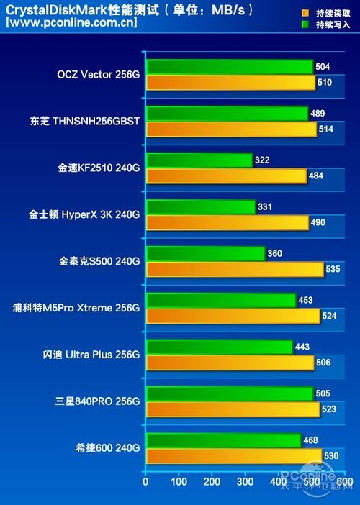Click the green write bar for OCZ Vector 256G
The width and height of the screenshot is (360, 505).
pyautogui.click(x=229, y=67)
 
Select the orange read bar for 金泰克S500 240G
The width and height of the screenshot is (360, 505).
pyautogui.click(x=234, y=269)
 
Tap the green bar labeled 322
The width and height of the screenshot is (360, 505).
pyautogui.click(x=199, y=160)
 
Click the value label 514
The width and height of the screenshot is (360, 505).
pyautogui.click(x=326, y=129)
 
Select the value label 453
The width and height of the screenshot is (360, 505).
pyautogui.click(x=306, y=300)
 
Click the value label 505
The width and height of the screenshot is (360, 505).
pyautogui.click(x=323, y=393)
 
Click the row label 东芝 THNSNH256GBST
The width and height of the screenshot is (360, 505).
pyautogui.click(x=81, y=121)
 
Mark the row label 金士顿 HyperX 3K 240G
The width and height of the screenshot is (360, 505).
pyautogui.click(x=84, y=214)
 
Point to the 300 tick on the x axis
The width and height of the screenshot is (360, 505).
pyautogui.click(x=246, y=481)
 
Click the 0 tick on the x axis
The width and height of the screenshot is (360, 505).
pyautogui.click(x=145, y=481)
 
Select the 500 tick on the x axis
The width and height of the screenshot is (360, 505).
pyautogui.click(x=312, y=481)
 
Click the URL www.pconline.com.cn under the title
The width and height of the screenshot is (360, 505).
pyautogui.click(x=71, y=22)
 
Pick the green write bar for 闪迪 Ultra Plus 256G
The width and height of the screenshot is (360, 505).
pyautogui.click(x=219, y=347)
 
